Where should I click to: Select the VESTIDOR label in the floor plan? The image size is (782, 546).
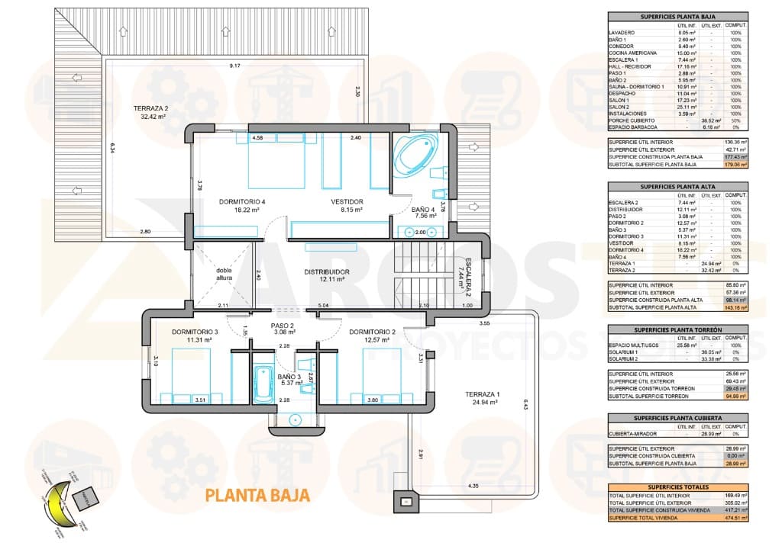(346, 202)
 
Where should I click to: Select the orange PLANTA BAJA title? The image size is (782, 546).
(257, 495)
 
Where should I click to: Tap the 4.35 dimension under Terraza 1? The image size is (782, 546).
(473, 486)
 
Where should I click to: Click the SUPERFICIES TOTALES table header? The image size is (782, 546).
(677, 487)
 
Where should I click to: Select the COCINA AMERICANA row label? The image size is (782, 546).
(633, 53)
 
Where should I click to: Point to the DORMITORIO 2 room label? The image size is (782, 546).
(372, 332)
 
